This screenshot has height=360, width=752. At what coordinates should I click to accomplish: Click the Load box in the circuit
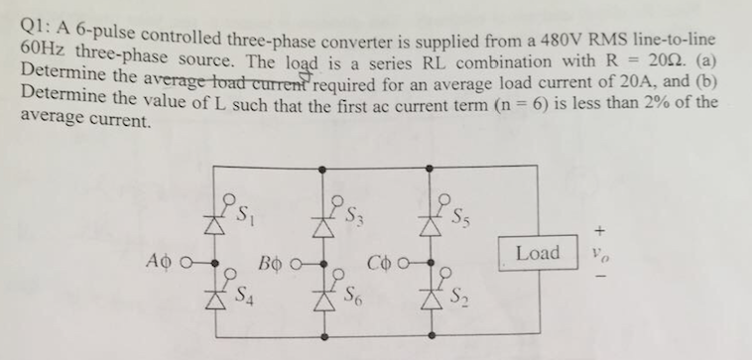click(537, 253)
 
